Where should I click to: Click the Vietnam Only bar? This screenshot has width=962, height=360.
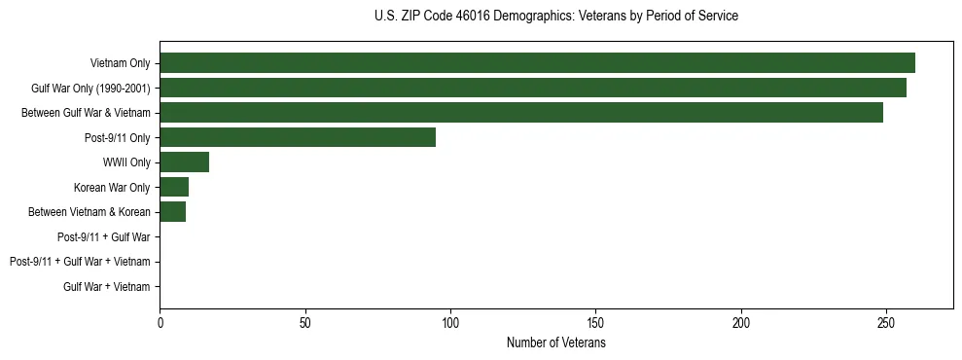(x=537, y=63)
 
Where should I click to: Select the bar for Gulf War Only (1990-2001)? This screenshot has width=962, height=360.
(x=533, y=88)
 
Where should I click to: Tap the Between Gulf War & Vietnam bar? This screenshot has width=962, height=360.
(x=521, y=113)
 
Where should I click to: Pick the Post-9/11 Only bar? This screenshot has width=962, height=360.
(x=298, y=137)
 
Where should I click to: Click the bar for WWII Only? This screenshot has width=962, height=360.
(x=185, y=162)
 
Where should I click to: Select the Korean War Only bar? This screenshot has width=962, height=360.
(x=174, y=187)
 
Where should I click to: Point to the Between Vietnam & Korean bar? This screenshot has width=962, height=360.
(x=173, y=212)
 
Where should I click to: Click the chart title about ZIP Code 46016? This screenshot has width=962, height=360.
(x=555, y=17)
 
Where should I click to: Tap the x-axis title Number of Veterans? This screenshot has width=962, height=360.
(x=555, y=343)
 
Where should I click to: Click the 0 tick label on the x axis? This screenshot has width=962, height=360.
(x=160, y=323)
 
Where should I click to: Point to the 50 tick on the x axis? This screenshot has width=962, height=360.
(x=305, y=323)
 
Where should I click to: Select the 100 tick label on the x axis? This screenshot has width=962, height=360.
(x=450, y=323)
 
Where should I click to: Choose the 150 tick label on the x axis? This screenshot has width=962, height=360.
(x=595, y=323)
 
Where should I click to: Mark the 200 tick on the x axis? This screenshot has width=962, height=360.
(x=741, y=323)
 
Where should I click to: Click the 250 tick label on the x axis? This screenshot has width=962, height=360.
(x=886, y=323)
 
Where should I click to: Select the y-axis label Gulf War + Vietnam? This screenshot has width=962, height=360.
(x=107, y=286)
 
